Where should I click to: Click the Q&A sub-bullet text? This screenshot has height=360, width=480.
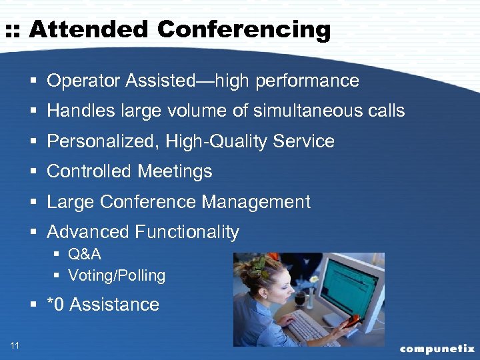coord(85,255)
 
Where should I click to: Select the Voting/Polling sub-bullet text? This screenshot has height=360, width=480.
coord(117,275)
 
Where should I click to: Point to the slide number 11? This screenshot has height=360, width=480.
coord(15,345)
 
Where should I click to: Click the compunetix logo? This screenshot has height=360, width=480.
coord(437,348)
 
